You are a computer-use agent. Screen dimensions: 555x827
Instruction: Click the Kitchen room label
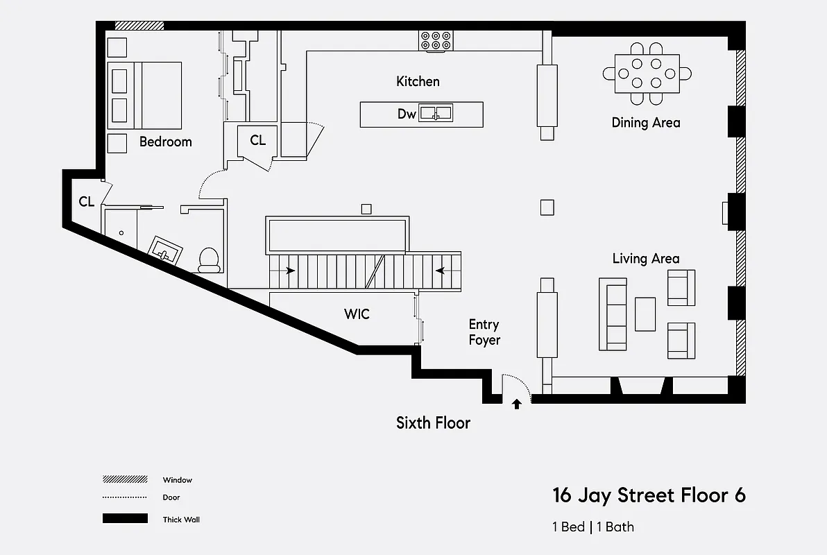pyautogui.click(x=418, y=81)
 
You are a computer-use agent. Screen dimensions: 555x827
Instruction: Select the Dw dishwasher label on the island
pyautogui.click(x=407, y=114)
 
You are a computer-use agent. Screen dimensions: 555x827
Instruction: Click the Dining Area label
pyautogui.click(x=645, y=123)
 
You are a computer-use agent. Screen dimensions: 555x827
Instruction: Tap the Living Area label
pyautogui.click(x=645, y=259)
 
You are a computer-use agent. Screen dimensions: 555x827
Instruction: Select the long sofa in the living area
pyautogui.click(x=613, y=314)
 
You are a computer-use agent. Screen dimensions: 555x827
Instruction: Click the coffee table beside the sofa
pyautogui.click(x=645, y=314)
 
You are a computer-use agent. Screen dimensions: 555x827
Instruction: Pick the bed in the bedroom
pyautogui.click(x=144, y=95)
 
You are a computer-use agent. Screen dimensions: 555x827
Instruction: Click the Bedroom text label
pyautogui.click(x=165, y=142)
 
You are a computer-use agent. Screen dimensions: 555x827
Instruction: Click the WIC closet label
pyautogui.click(x=357, y=314)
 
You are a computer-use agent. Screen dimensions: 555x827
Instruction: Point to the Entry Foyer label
pyautogui.click(x=484, y=332)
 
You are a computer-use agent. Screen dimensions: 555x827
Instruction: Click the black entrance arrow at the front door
pyautogui.click(x=516, y=404)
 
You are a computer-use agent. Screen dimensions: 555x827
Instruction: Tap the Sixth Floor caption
pyautogui.click(x=433, y=422)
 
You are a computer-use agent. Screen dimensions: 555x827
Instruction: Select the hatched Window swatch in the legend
pyautogui.click(x=125, y=479)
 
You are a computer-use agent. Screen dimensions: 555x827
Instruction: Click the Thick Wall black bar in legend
pyautogui.click(x=125, y=518)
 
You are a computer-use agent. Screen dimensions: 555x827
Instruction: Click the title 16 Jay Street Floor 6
pyautogui.click(x=649, y=495)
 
